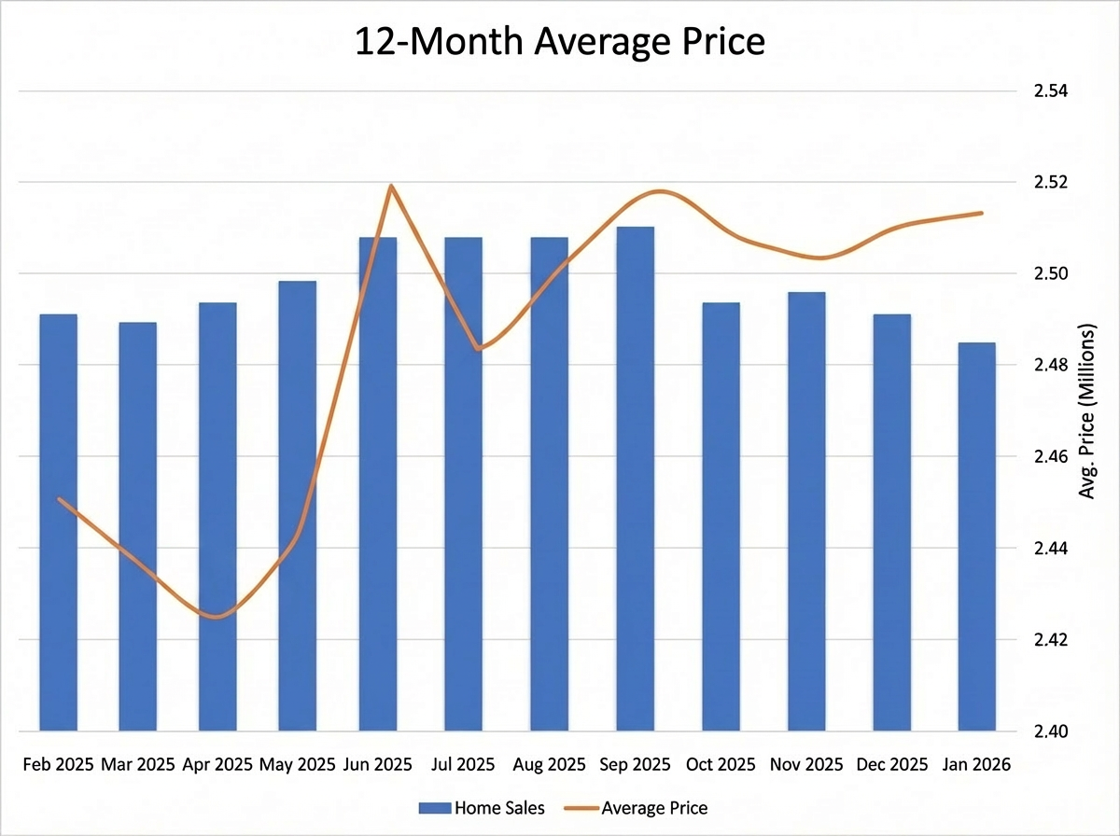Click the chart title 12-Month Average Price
pos(560,42)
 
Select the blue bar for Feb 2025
pos(58,522)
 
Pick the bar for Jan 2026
pos(976,536)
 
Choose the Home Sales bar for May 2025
pos(297,505)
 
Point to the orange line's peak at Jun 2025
pos(391,186)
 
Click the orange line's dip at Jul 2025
pos(479,349)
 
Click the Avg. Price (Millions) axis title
pos(1086,411)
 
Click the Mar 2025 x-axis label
pos(137,764)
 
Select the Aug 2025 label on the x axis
pos(549,764)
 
